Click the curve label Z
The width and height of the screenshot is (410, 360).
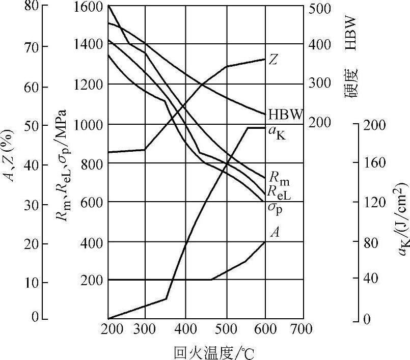click(274, 60)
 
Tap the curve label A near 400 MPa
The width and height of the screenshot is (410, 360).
click(275, 233)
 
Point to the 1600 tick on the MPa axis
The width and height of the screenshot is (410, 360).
click(89, 7)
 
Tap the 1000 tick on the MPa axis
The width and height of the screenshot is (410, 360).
click(89, 124)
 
